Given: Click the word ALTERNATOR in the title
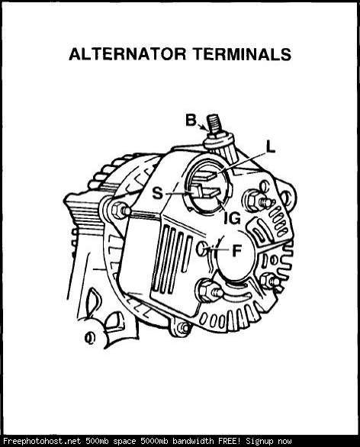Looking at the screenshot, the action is [x=127, y=54].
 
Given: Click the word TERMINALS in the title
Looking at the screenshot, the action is [x=242, y=54].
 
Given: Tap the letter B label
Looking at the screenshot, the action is [x=191, y=120].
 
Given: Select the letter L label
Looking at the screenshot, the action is [x=271, y=148].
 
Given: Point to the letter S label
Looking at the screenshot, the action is [x=157, y=193].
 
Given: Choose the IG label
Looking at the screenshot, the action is [x=233, y=219].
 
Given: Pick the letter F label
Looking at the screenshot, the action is [x=237, y=251].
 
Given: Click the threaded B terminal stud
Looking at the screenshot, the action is [x=215, y=124].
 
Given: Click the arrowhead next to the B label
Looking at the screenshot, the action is [x=206, y=128].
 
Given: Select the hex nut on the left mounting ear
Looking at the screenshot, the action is [x=118, y=211].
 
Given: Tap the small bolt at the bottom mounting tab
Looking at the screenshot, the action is [x=182, y=328].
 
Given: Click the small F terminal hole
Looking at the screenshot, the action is [x=201, y=248].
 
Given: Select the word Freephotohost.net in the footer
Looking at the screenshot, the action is [x=42, y=441].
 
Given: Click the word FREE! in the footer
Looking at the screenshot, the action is [x=230, y=441].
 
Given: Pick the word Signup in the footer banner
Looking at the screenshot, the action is [x=259, y=442].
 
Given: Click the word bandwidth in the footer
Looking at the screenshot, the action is [x=194, y=441].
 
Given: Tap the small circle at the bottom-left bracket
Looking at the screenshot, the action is [x=90, y=337].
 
